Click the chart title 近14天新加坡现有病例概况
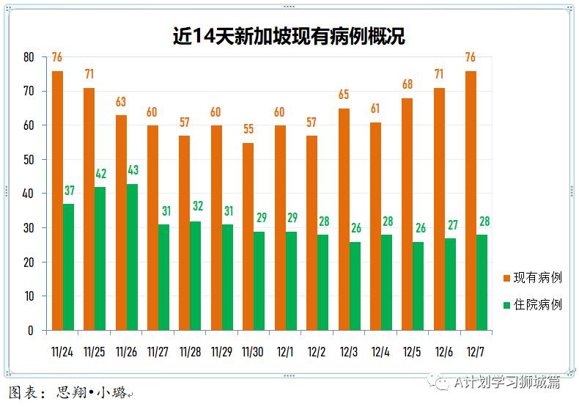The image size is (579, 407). click(289, 36)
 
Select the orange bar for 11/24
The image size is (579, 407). click(57, 200)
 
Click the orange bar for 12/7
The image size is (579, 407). click(471, 200)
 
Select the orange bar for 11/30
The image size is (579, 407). click(248, 236)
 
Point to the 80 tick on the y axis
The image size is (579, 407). click(29, 57)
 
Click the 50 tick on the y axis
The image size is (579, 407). click(29, 160)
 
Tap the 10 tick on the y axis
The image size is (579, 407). click(29, 296)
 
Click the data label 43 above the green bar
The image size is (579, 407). click(133, 171)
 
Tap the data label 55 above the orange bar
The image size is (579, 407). click(248, 130)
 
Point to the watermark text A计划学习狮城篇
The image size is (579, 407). click(506, 383)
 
